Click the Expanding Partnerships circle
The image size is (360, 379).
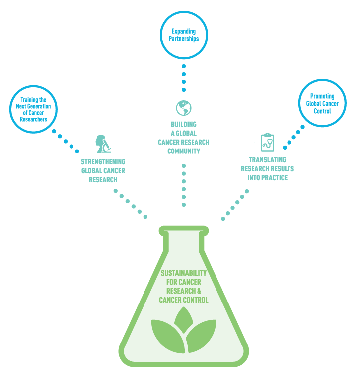[183, 35]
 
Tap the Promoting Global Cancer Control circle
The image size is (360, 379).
[322, 104]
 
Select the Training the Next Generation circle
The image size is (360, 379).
[34, 110]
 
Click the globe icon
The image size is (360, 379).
[183, 108]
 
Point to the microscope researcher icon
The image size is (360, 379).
[103, 144]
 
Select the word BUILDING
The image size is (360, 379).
[183, 124]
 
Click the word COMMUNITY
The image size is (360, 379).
[183, 151]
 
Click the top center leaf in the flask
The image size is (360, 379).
[184, 320]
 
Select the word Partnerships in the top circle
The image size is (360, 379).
[183, 39]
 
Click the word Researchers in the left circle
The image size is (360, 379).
[34, 119]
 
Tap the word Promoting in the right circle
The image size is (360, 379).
[322, 96]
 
